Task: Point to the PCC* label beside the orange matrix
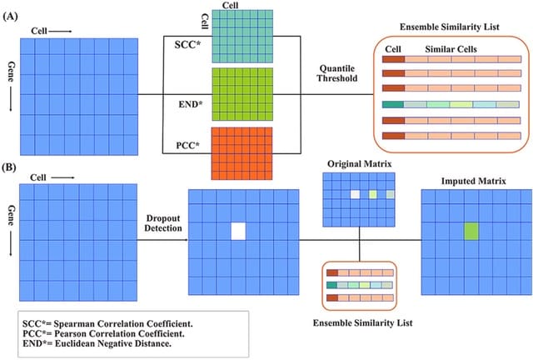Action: click(x=188, y=147)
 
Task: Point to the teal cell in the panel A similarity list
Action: click(x=393, y=104)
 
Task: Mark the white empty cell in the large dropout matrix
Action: click(x=240, y=232)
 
